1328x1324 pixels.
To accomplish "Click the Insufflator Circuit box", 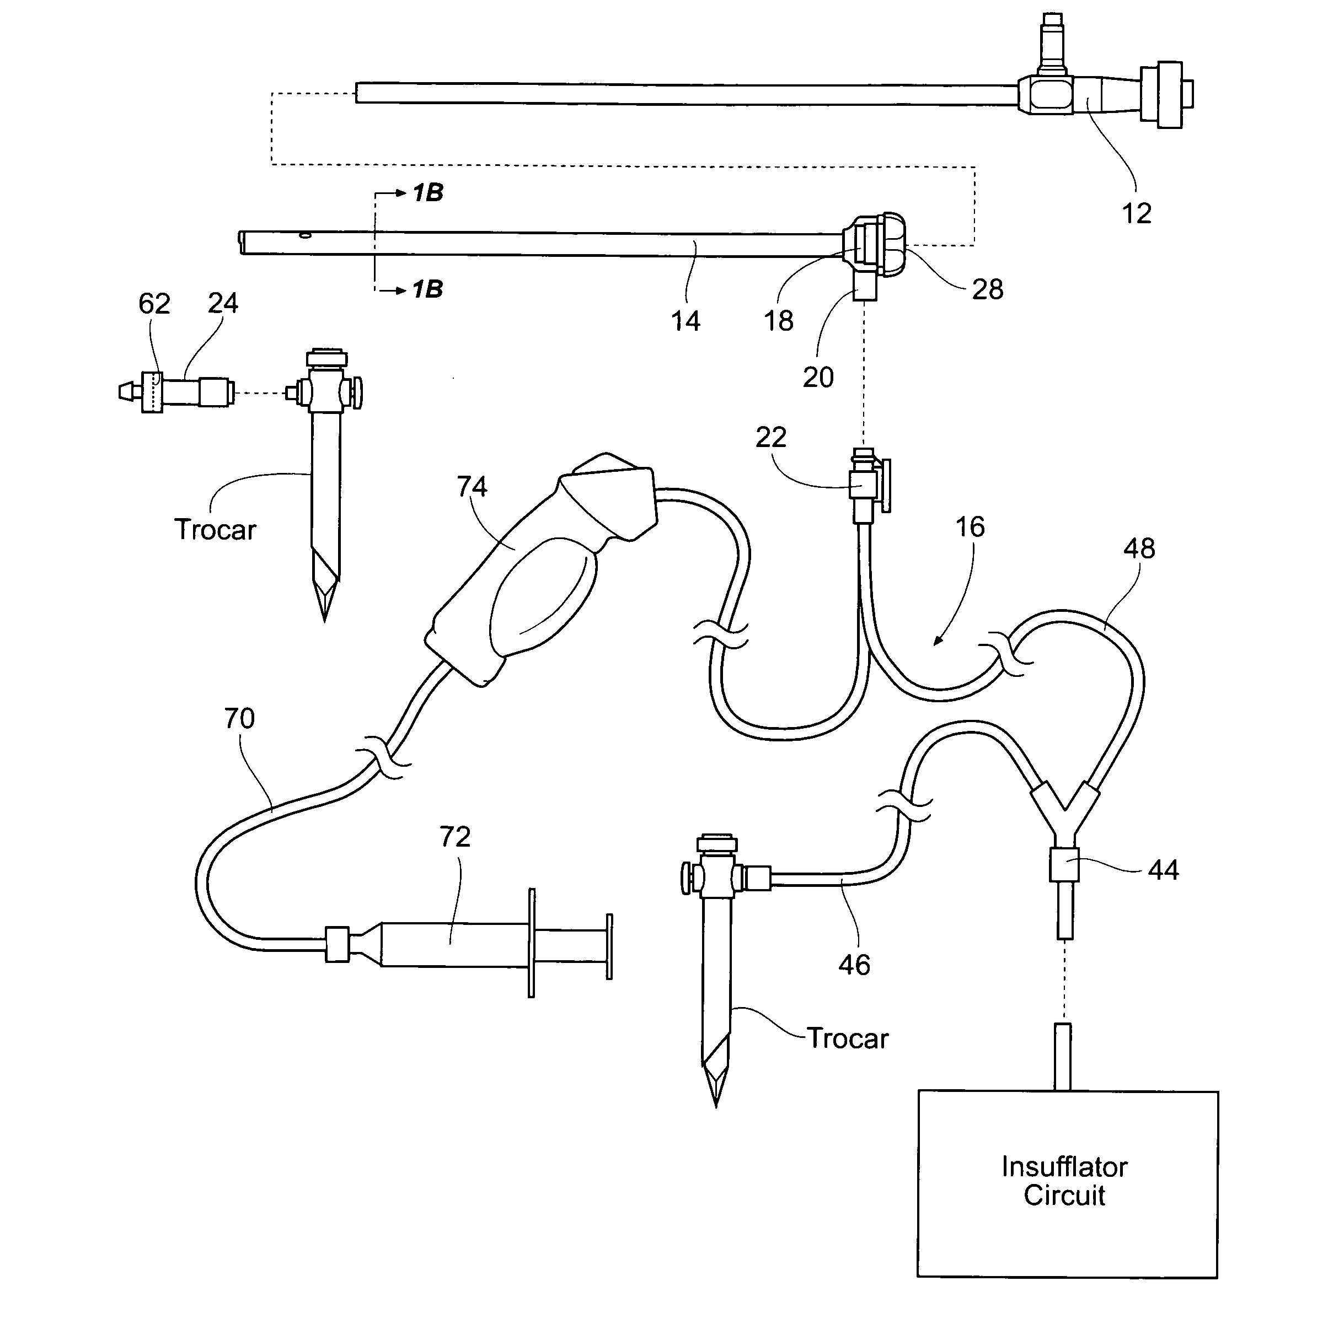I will pyautogui.click(x=1067, y=1183).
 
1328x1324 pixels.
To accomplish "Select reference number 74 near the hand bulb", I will pyautogui.click(x=472, y=487).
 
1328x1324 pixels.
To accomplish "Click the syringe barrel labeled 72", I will pyautogui.click(x=454, y=945).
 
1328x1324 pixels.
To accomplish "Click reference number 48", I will pyautogui.click(x=1139, y=548).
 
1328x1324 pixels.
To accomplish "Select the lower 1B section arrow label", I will pyautogui.click(x=427, y=289).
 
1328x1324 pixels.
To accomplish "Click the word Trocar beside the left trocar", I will pyautogui.click(x=215, y=530).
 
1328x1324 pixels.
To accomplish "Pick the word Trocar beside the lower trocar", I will pyautogui.click(x=848, y=1038).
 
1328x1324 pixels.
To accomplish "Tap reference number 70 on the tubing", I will pyautogui.click(x=239, y=719).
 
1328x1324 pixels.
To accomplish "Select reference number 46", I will pyautogui.click(x=854, y=965).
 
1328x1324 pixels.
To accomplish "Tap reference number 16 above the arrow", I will pyautogui.click(x=970, y=527).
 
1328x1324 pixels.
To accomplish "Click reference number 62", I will pyautogui.click(x=154, y=304).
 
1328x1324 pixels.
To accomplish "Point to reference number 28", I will pyautogui.click(x=987, y=289).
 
